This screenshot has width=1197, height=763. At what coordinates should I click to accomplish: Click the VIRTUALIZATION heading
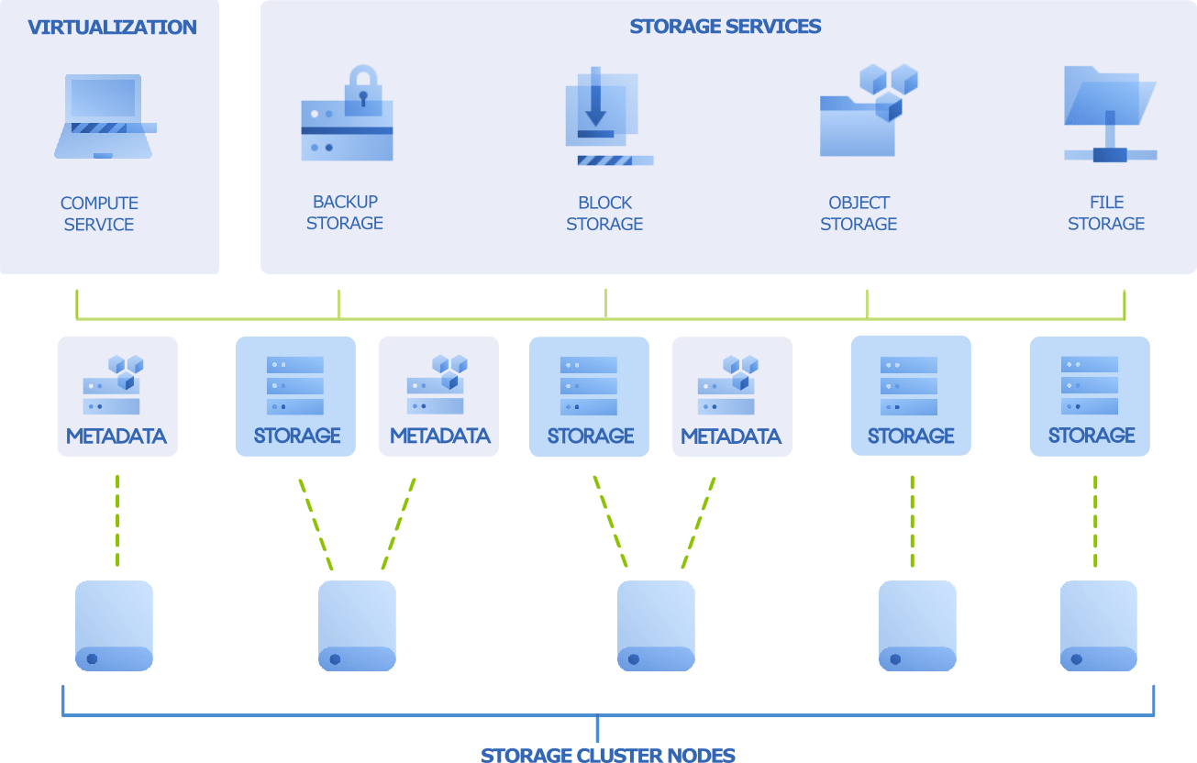pos(112,28)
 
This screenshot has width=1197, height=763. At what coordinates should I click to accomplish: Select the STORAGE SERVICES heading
pos(725,26)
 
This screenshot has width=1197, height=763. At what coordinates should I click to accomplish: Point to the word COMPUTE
pos(99,203)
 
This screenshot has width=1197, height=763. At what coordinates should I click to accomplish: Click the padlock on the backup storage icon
pos(363,89)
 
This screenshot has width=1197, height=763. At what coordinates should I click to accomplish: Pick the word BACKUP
pos(345,202)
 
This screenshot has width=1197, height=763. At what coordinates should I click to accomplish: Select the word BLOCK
pos(604,203)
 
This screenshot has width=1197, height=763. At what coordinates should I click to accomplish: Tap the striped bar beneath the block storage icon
pos(606,160)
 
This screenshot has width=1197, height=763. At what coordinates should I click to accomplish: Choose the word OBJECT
pos(859,203)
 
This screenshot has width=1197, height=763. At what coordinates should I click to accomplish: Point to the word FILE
pos(1106,202)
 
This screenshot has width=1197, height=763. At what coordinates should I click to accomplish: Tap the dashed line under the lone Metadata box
pos(117,520)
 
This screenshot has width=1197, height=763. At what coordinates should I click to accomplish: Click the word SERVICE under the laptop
pos(99,225)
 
